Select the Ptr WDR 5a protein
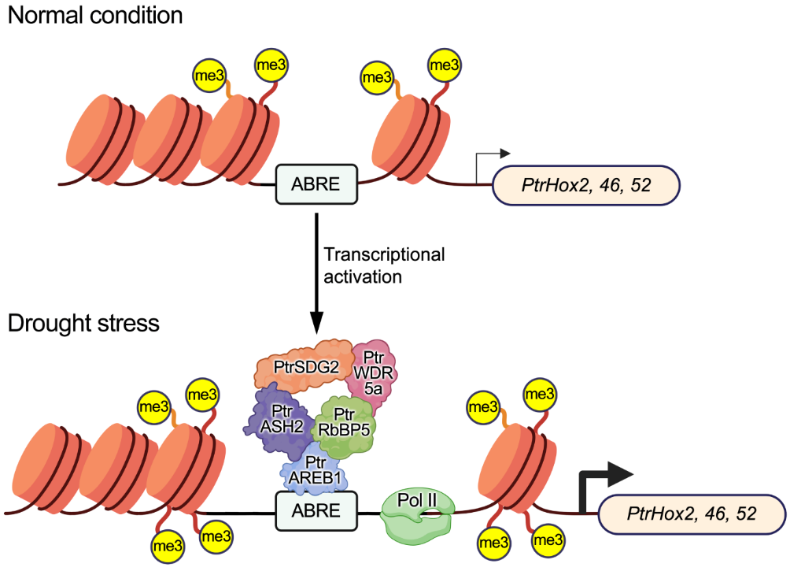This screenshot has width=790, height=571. pos(375,376)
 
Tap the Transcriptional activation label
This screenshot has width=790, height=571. pos(382,265)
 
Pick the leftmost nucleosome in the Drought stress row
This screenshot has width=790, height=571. pos(48,466)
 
